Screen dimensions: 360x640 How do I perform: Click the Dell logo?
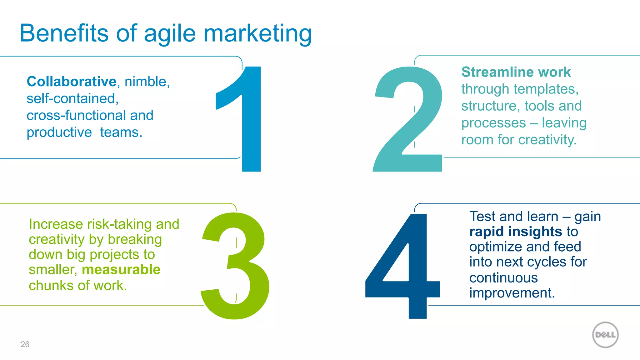[x=605, y=335]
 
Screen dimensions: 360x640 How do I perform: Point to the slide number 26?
[x=25, y=344]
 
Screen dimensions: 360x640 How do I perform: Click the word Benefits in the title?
[x=64, y=33]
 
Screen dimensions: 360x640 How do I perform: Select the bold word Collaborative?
[x=72, y=82]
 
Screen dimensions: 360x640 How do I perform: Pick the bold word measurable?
[x=121, y=270]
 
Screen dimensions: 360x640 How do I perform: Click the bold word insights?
[x=535, y=232]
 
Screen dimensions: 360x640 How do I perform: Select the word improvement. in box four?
[x=512, y=293]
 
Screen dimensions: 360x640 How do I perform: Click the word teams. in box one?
[x=121, y=132]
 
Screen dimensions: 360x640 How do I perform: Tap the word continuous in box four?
[x=503, y=278]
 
